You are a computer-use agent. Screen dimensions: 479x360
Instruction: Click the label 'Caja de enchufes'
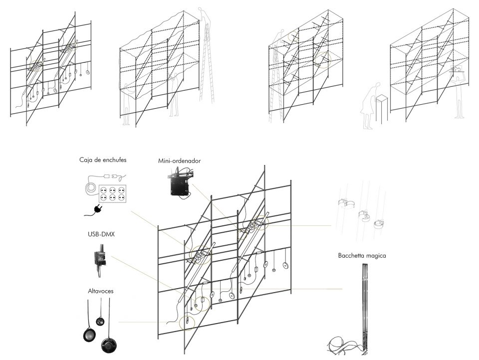pos(103,160)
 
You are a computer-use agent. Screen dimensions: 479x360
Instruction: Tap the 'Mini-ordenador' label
pos(179,161)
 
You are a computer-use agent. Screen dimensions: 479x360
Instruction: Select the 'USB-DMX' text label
pos(101,234)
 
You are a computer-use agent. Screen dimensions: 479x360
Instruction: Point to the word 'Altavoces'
pos(100,291)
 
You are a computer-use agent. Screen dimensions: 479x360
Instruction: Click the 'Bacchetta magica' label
pos(362,256)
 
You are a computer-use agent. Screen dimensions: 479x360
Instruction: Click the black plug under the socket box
pos(98,209)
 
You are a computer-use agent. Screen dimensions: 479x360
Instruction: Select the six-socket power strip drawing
pos(113,193)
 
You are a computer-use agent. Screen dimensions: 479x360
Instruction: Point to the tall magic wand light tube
pos(364,309)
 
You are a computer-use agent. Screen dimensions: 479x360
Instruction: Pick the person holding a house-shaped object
pos(458,92)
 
